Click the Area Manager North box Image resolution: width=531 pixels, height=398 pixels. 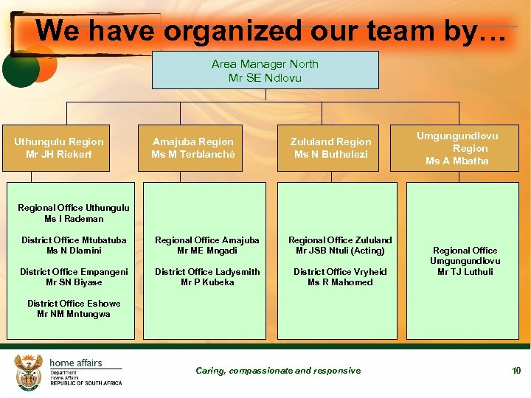(265, 70)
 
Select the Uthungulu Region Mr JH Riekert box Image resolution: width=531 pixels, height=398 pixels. (59, 147)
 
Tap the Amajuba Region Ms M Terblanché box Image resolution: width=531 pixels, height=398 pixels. (193, 147)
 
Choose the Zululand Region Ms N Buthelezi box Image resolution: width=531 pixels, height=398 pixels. (331, 147)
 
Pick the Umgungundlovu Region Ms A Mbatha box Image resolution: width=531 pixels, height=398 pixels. (457, 147)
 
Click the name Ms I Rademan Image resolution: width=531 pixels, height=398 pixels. (74, 219)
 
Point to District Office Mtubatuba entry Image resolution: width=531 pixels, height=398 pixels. (74, 240)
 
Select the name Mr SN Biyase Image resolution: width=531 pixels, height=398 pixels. (74, 282)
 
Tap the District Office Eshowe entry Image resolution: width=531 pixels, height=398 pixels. (74, 304)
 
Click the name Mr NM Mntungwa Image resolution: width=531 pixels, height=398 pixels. (74, 314)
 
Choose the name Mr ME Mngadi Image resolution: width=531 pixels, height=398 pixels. (207, 251)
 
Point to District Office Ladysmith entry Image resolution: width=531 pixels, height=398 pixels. (207, 272)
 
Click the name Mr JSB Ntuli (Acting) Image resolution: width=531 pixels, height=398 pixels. (340, 251)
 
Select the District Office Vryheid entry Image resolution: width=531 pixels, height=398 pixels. (340, 272)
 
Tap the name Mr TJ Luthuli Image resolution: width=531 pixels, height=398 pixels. (465, 272)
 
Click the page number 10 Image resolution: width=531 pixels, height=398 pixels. (516, 370)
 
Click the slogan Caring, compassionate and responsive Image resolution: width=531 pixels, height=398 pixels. (278, 370)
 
